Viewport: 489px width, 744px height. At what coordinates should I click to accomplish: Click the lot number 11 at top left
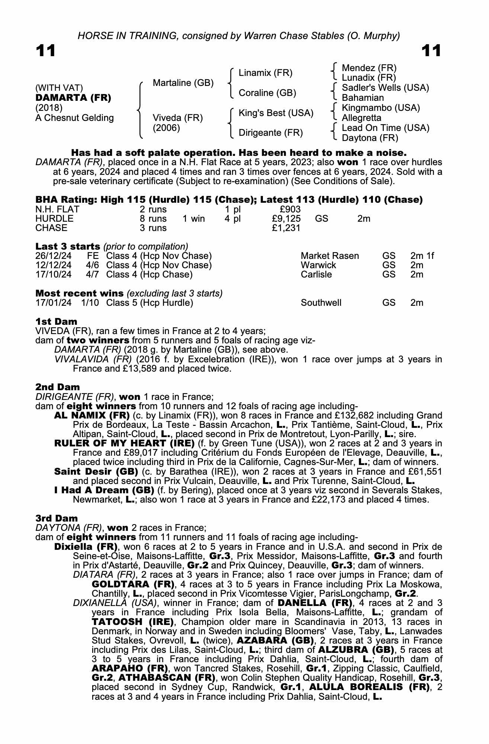pyautogui.click(x=46, y=51)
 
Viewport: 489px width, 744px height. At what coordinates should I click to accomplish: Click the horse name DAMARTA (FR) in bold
pyautogui.click(x=73, y=98)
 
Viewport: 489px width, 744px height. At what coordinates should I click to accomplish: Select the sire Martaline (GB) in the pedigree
pyautogui.click(x=183, y=83)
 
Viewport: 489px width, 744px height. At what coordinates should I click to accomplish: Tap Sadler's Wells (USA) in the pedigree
pyautogui.click(x=385, y=88)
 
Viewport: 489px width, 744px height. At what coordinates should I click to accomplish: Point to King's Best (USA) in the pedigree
pyautogui.click(x=276, y=113)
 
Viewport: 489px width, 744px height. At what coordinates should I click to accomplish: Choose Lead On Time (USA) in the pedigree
pyautogui.click(x=385, y=128)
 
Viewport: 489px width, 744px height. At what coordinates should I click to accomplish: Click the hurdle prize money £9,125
pyautogui.click(x=286, y=218)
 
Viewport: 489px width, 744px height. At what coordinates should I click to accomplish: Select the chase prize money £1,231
pyautogui.click(x=286, y=228)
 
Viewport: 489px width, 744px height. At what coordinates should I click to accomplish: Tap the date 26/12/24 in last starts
pyautogui.click(x=54, y=256)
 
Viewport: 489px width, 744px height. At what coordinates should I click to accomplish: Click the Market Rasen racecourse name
pyautogui.click(x=330, y=256)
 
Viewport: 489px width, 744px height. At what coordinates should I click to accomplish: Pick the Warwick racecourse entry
pyautogui.click(x=318, y=265)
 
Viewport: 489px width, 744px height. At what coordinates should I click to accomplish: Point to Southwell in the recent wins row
pyautogui.click(x=321, y=303)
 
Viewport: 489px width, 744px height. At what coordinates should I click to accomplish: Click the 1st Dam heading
pyautogui.click(x=57, y=321)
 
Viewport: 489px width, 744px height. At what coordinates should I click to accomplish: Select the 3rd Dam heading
pyautogui.click(x=57, y=518)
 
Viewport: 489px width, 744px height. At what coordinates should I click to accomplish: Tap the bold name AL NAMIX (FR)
pyautogui.click(x=92, y=415)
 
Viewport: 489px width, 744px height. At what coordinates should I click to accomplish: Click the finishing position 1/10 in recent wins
pyautogui.click(x=90, y=303)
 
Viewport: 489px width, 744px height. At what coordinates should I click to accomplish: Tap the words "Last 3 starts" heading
pyautogui.click(x=68, y=246)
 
